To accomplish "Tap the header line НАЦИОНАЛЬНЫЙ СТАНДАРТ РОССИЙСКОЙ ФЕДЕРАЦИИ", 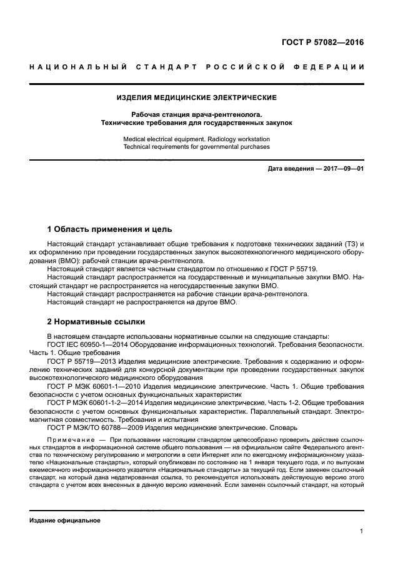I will click(197, 67).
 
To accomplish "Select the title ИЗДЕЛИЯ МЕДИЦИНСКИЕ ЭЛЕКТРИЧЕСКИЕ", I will click(197, 97).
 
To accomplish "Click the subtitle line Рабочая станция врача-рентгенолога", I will click(197, 114).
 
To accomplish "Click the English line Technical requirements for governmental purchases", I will click(197, 147).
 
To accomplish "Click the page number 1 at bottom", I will click(362, 531).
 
